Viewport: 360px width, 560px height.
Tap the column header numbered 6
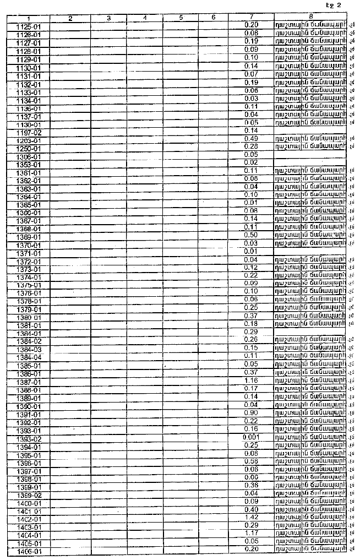213,18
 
